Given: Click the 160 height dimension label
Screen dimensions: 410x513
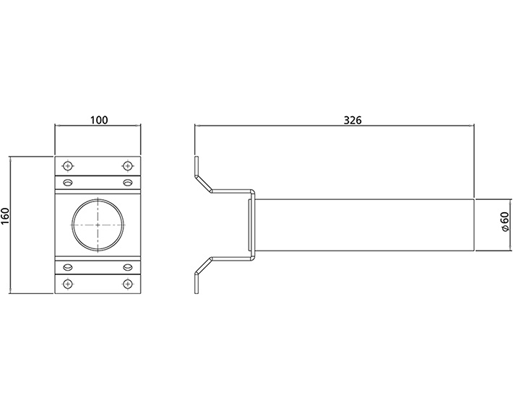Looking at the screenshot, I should pos(6,216).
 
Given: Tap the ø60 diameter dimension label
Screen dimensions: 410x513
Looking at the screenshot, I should pos(504,224).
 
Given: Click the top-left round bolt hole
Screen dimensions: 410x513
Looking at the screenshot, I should pos(68,164).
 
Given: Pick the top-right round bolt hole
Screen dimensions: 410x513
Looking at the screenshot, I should pos(128,164).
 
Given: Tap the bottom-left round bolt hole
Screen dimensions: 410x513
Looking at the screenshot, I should pos(68,284).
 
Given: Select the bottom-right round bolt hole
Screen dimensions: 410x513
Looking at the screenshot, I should pos(128,284).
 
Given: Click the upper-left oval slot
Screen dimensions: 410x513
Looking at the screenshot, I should pos(68,182).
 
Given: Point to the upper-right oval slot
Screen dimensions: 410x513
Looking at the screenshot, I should pos(128,182).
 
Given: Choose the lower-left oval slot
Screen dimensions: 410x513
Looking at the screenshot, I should pos(68,266).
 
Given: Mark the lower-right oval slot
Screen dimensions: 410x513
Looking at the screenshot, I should pos(128,266).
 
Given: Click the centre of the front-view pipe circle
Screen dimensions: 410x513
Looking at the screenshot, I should pos(98,224).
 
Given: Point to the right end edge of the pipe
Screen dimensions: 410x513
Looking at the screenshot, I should pos(473,224).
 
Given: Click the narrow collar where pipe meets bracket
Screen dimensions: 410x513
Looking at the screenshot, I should pos(251,224).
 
